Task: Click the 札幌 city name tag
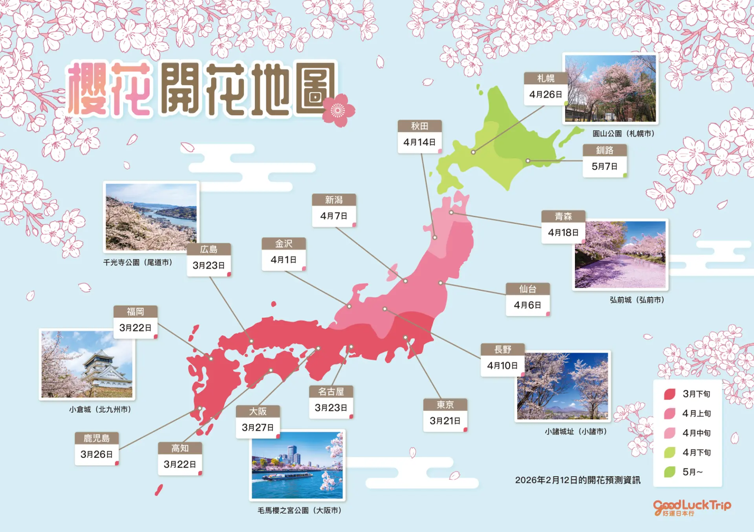point(546,78)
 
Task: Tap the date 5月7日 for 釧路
point(604,166)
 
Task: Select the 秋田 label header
point(419,126)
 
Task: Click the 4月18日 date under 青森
point(563,233)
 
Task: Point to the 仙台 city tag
point(527,289)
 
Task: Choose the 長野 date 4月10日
point(502,366)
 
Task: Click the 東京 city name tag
point(445,404)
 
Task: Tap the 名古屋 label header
point(331,392)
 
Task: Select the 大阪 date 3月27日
point(258,427)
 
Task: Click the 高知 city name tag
point(180,448)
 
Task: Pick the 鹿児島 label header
point(97,438)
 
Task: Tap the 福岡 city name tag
point(135,312)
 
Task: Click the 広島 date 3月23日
point(209,266)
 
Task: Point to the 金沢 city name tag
point(284,244)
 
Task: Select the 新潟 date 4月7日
point(333,216)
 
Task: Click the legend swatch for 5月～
point(670,472)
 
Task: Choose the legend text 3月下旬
point(696,394)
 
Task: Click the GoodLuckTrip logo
point(692,507)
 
